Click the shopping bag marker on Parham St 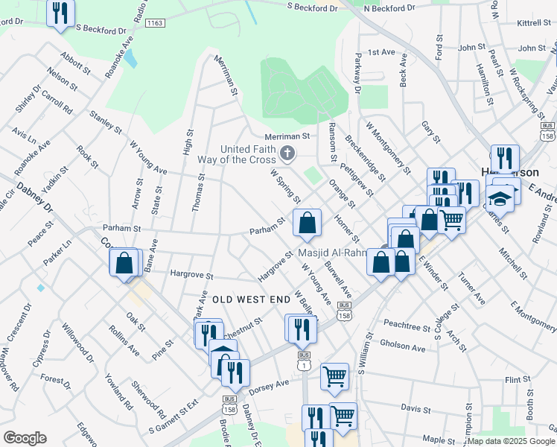tap(307, 222)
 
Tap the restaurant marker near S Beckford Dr tap(60, 13)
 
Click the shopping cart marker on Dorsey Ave tap(334, 375)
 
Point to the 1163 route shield tap(155, 24)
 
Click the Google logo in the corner tap(25, 438)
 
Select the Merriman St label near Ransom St tap(287, 136)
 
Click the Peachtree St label tap(407, 326)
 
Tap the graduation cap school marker tap(500, 197)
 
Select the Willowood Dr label tap(78, 343)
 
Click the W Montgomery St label tap(388, 148)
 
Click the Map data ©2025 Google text tap(511, 441)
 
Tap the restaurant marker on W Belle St tap(302, 329)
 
